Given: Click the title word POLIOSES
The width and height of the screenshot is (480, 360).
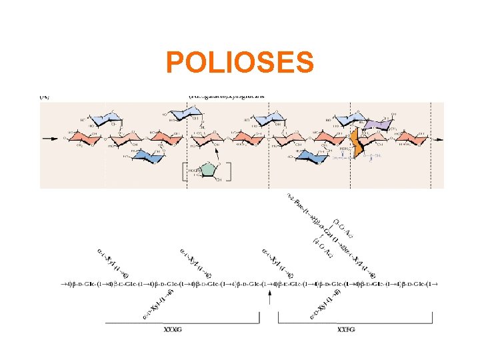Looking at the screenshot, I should pos(239,63).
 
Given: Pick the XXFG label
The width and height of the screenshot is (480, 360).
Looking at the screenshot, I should pos(347,329).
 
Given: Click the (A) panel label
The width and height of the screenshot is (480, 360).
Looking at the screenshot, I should pos(44,96).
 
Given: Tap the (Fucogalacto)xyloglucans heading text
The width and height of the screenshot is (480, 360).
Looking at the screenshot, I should pos(226,95).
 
